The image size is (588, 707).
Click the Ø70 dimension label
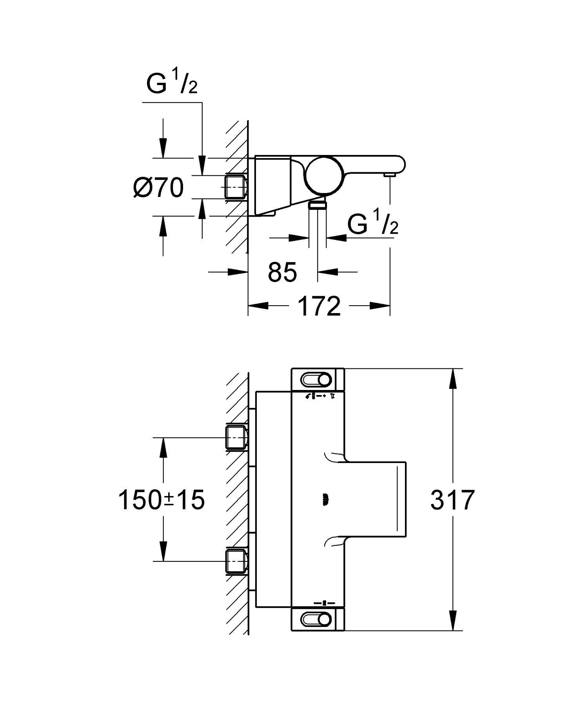click(x=158, y=188)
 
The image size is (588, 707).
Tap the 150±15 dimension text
click(x=161, y=500)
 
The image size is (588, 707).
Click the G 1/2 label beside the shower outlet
click(x=373, y=224)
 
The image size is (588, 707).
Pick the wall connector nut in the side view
click(x=236, y=187)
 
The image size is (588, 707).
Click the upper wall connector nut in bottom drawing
click(x=236, y=437)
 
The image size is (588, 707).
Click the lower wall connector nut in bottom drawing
click(x=236, y=561)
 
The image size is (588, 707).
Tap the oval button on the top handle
click(x=316, y=380)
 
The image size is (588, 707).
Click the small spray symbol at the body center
click(x=325, y=499)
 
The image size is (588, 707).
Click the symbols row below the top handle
click(x=319, y=396)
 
